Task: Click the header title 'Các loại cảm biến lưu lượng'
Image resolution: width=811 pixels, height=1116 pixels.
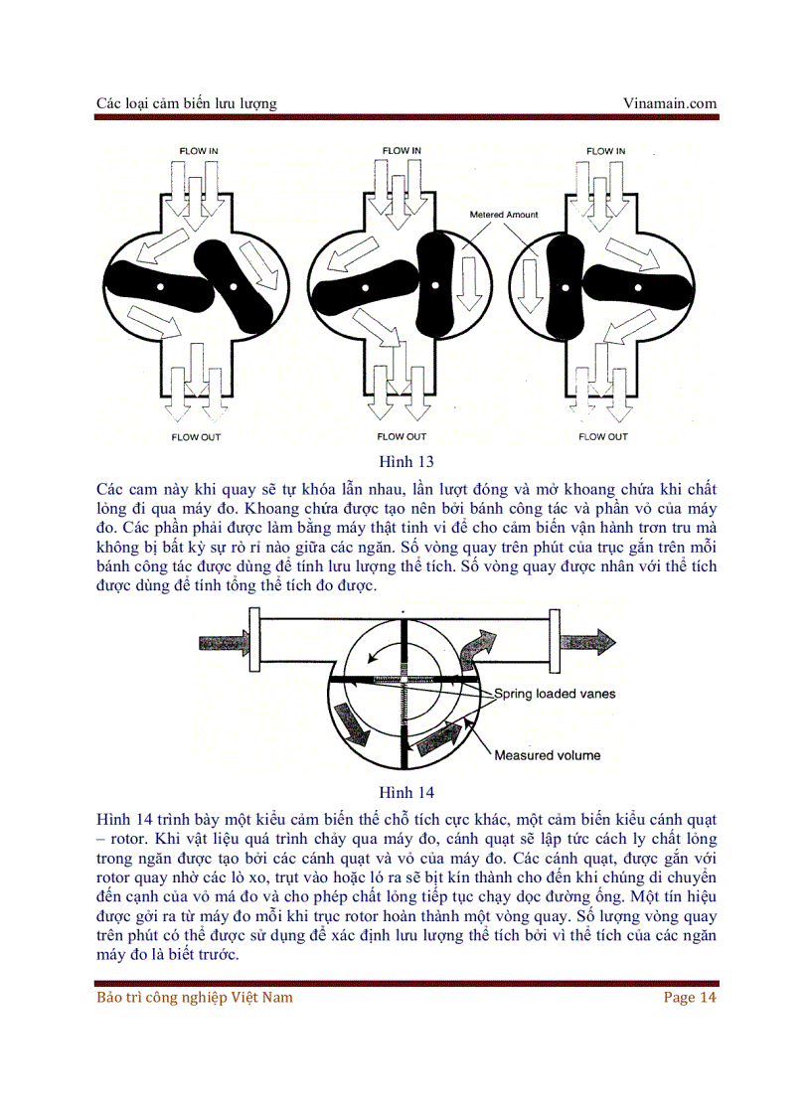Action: tap(187, 103)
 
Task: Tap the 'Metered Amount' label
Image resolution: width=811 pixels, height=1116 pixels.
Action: tap(503, 215)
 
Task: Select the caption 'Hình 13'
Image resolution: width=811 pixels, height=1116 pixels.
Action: tap(405, 461)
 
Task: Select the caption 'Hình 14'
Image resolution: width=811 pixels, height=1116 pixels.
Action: tap(405, 792)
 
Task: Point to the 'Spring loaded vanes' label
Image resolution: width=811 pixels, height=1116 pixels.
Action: tap(555, 694)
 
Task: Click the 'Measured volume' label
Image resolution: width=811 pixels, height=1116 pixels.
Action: tap(548, 755)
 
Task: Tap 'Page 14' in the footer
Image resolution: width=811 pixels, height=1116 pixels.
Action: tap(690, 997)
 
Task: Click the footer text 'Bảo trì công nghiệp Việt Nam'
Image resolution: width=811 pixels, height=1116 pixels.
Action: tap(195, 997)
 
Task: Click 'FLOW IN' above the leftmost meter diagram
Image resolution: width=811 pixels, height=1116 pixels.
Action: tap(199, 151)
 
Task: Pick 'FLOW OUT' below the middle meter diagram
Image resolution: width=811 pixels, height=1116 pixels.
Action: tap(402, 436)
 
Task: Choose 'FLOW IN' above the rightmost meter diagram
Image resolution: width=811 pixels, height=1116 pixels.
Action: tap(605, 151)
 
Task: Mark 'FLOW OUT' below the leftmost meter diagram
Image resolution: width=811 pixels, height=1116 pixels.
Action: tap(199, 436)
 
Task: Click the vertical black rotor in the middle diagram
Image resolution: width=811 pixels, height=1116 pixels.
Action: tap(435, 286)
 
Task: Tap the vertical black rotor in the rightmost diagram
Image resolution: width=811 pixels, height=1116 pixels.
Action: tap(565, 288)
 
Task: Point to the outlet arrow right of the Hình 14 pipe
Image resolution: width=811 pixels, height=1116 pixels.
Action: tap(586, 641)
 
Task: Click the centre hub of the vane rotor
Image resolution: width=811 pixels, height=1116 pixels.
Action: tap(406, 680)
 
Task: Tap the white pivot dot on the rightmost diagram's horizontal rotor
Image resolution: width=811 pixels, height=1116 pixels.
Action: tap(628, 287)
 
